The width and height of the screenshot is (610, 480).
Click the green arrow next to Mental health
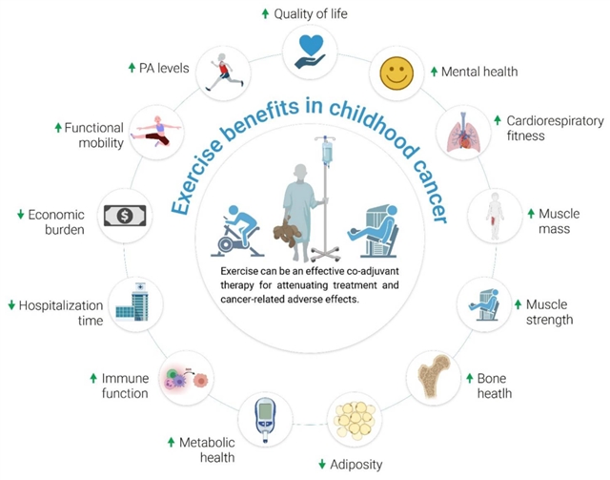434,72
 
